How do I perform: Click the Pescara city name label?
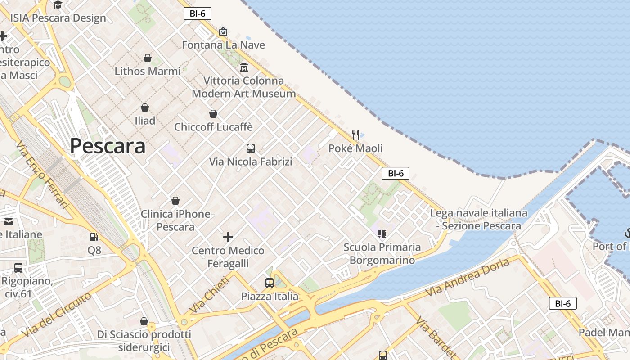[108, 146]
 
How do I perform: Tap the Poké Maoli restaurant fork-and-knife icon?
[355, 135]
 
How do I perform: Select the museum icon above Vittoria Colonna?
[244, 67]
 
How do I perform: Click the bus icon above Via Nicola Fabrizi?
[251, 148]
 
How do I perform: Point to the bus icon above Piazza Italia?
[269, 283]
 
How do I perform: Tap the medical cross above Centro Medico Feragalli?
[228, 237]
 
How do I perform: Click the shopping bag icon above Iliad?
[145, 108]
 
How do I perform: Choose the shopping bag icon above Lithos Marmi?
[147, 58]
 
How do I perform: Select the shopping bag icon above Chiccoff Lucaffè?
[213, 114]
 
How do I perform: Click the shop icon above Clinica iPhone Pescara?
[175, 201]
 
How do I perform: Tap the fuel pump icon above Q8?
[94, 237]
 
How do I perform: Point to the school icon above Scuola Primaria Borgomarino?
[382, 234]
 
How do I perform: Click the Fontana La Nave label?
[223, 45]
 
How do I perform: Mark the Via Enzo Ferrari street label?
[43, 175]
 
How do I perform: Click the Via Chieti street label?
[209, 295]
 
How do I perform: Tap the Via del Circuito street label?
[57, 315]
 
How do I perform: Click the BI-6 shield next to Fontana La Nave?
[198, 13]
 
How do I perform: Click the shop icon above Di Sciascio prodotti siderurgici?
[144, 321]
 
